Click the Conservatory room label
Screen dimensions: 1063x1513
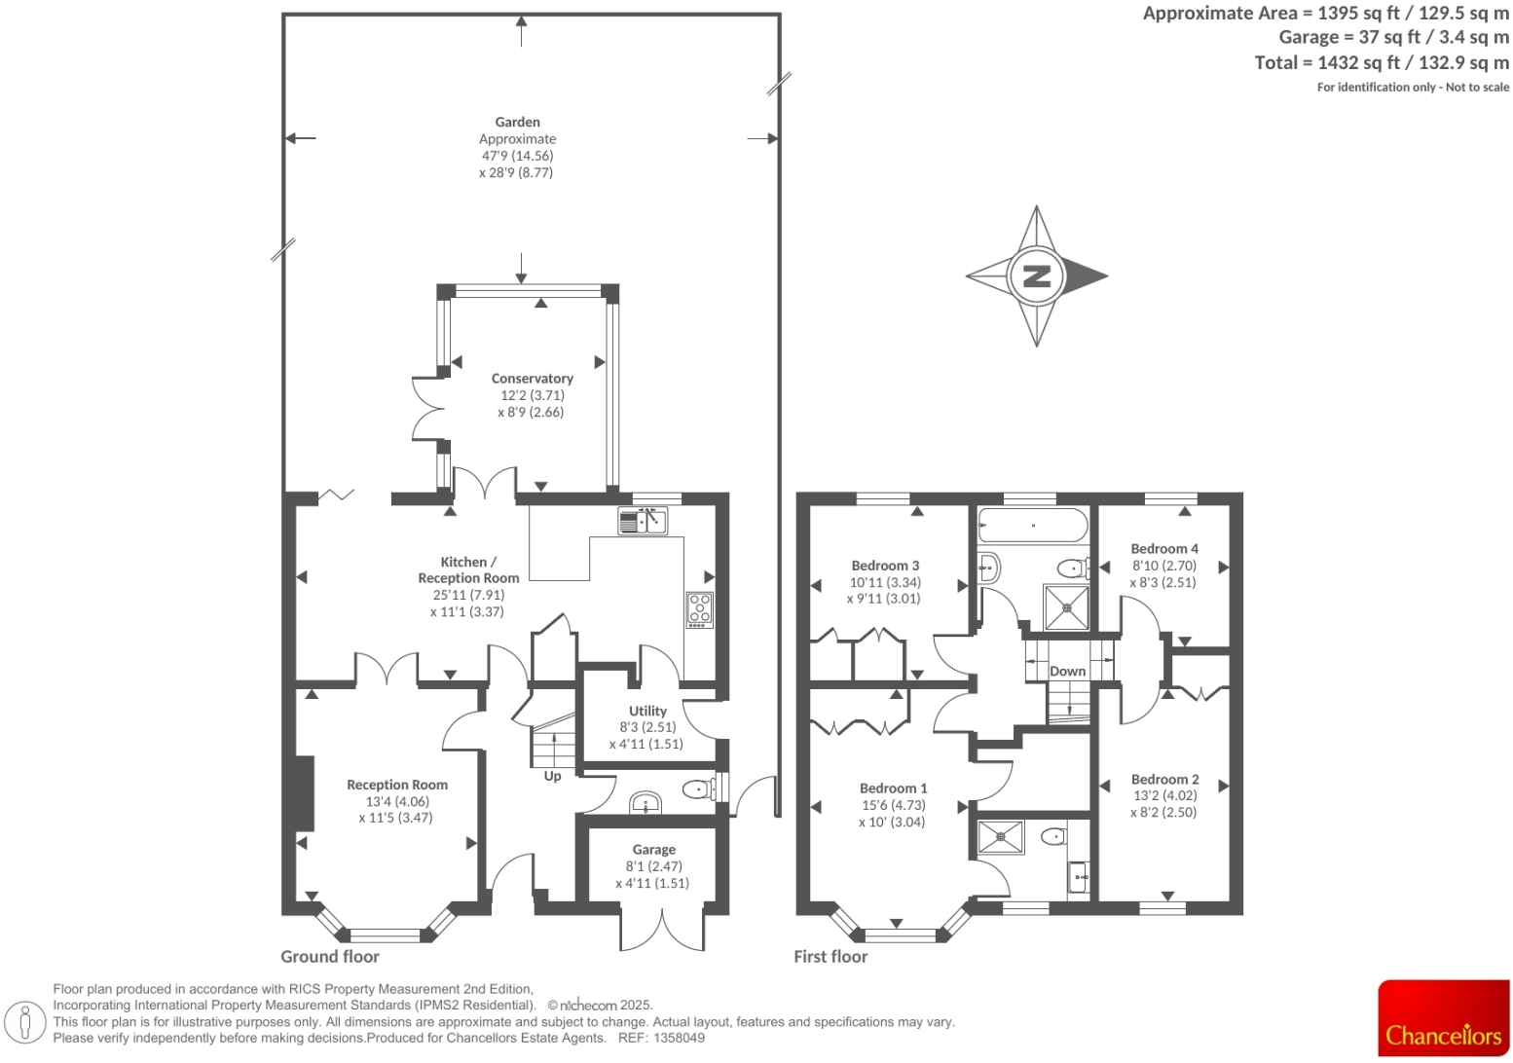point(532,379)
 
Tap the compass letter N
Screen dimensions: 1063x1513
point(1037,276)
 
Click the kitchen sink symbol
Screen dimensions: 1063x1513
point(643,522)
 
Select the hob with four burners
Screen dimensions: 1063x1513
point(700,609)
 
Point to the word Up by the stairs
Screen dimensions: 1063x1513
point(552,776)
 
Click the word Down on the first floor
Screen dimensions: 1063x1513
point(1067,672)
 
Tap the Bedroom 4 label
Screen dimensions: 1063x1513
point(1164,549)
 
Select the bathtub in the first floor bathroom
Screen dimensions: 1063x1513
point(1032,527)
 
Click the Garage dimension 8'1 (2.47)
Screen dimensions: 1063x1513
point(653,866)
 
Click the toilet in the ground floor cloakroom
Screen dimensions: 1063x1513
point(697,788)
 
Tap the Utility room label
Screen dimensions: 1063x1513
point(647,712)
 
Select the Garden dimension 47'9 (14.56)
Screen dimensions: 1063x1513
point(517,156)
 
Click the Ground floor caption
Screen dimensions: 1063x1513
point(330,957)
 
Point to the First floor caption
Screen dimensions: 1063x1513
point(830,957)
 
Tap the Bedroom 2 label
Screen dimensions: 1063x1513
point(1164,780)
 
